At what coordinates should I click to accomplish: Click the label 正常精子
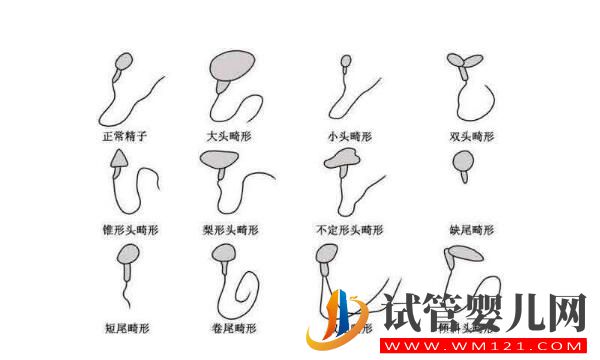coord(125,135)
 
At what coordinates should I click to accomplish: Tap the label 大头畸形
coord(228,135)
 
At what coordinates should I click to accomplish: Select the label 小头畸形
coord(348,135)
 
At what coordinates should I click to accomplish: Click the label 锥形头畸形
coord(127,229)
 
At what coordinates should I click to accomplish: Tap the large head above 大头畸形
coord(232,64)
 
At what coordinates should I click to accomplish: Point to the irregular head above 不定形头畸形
coord(343,161)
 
